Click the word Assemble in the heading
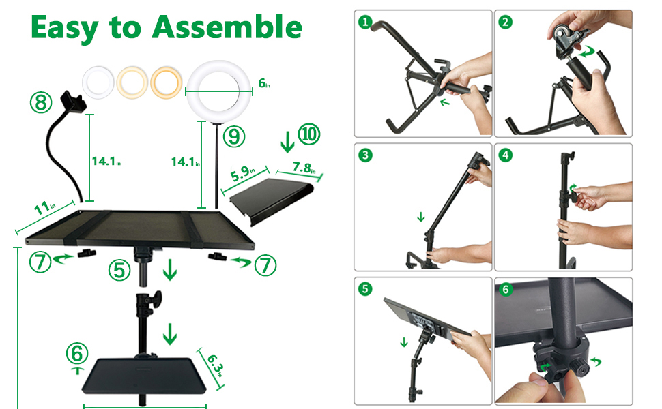coord(227,27)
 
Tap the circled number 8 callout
coord(41,102)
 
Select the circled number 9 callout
coord(233,136)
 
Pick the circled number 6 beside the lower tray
coord(77,354)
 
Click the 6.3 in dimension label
coord(216,366)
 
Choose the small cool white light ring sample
coord(98,82)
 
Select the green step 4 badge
coord(505,155)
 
